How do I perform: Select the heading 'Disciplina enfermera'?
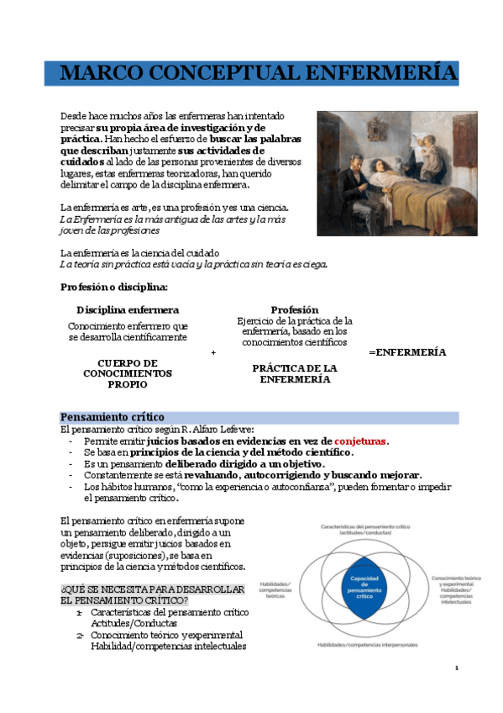click(x=128, y=309)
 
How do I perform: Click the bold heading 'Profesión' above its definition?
click(x=294, y=309)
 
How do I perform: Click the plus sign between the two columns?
click(x=213, y=353)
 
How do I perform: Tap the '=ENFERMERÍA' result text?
click(x=407, y=352)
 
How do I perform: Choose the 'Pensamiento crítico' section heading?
click(x=113, y=417)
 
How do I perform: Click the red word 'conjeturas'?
click(x=361, y=441)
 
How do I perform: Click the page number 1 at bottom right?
click(x=456, y=668)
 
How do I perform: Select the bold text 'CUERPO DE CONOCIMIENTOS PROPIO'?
click(x=128, y=373)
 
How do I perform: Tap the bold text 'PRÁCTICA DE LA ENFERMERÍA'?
click(x=295, y=374)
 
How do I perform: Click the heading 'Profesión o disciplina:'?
click(x=114, y=287)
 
